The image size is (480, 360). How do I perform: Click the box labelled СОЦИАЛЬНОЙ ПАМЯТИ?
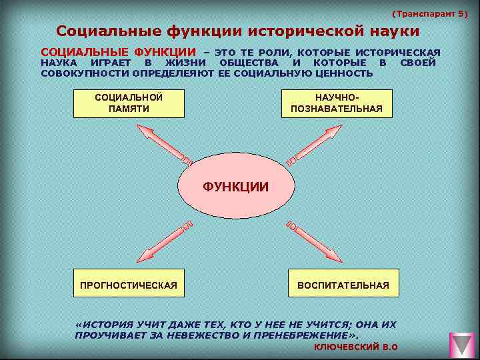point(129,103)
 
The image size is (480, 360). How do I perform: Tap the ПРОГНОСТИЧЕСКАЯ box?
point(129,285)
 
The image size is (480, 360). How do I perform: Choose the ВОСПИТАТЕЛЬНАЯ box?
point(343,285)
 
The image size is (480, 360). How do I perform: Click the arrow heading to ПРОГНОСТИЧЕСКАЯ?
point(163,241)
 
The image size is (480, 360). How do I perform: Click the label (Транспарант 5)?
point(430,13)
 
